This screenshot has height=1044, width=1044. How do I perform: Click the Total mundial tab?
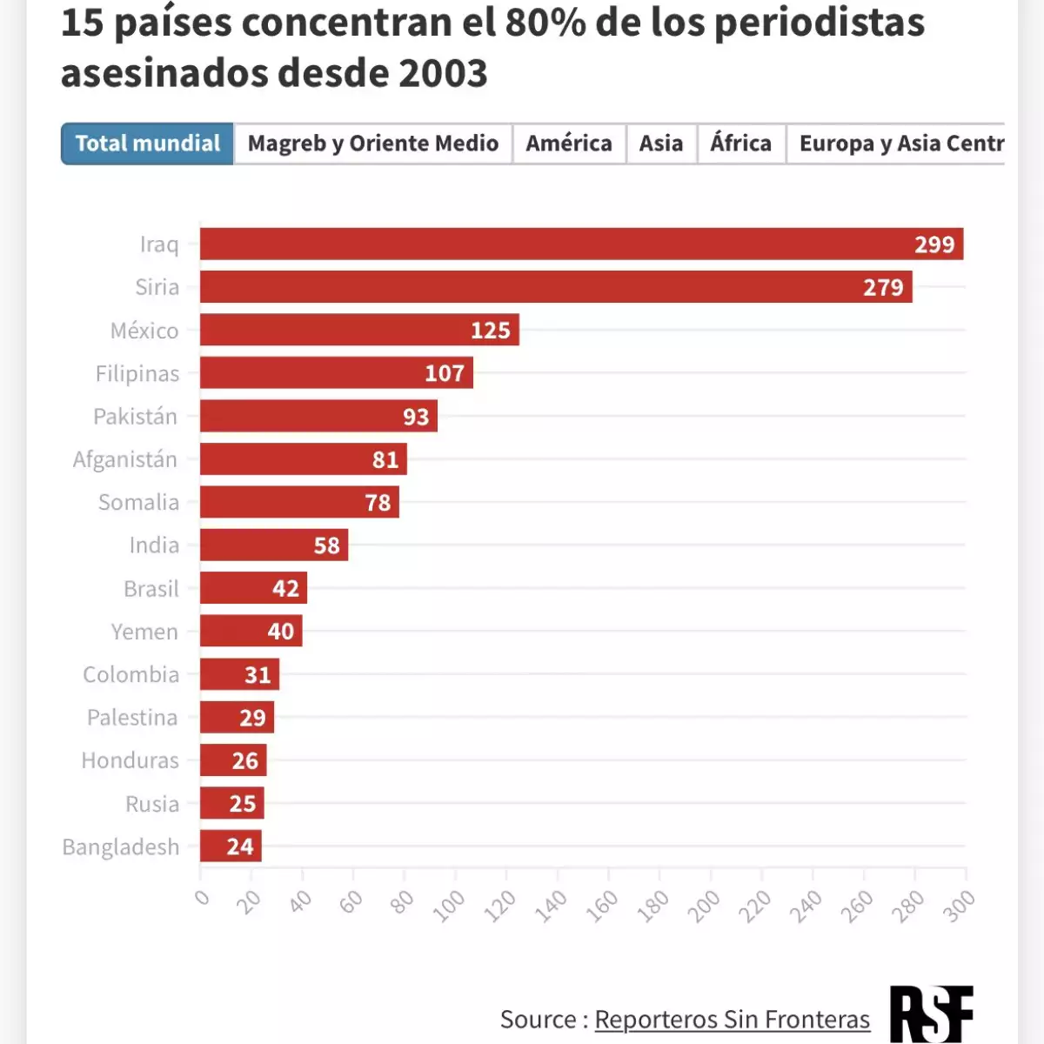[147, 144]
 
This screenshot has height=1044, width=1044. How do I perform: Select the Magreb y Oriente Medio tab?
[372, 144]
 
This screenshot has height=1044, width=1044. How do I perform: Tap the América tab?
[569, 144]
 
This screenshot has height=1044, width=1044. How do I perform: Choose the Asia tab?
[661, 144]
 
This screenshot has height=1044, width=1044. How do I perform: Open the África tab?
[740, 144]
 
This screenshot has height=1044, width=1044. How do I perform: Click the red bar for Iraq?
[581, 244]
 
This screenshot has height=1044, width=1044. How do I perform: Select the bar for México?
[359, 331]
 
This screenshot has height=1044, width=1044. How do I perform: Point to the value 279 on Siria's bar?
[883, 288]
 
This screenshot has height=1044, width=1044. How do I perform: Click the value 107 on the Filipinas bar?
[445, 373]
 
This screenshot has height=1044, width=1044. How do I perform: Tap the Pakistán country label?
[135, 417]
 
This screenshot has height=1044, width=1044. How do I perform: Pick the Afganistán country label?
[124, 459]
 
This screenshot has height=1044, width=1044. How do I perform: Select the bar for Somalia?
[299, 502]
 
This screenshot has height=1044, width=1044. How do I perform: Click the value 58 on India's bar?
[327, 545]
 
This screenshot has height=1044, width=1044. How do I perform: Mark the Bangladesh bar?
[231, 847]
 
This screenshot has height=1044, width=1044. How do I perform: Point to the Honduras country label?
[130, 760]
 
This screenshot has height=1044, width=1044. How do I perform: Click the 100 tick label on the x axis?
[449, 907]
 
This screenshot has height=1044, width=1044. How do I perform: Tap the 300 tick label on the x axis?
[959, 907]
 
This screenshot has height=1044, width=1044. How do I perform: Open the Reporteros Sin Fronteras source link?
[732, 1019]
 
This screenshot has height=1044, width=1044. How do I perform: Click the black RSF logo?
[931, 1014]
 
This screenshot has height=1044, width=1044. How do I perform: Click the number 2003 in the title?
[443, 73]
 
